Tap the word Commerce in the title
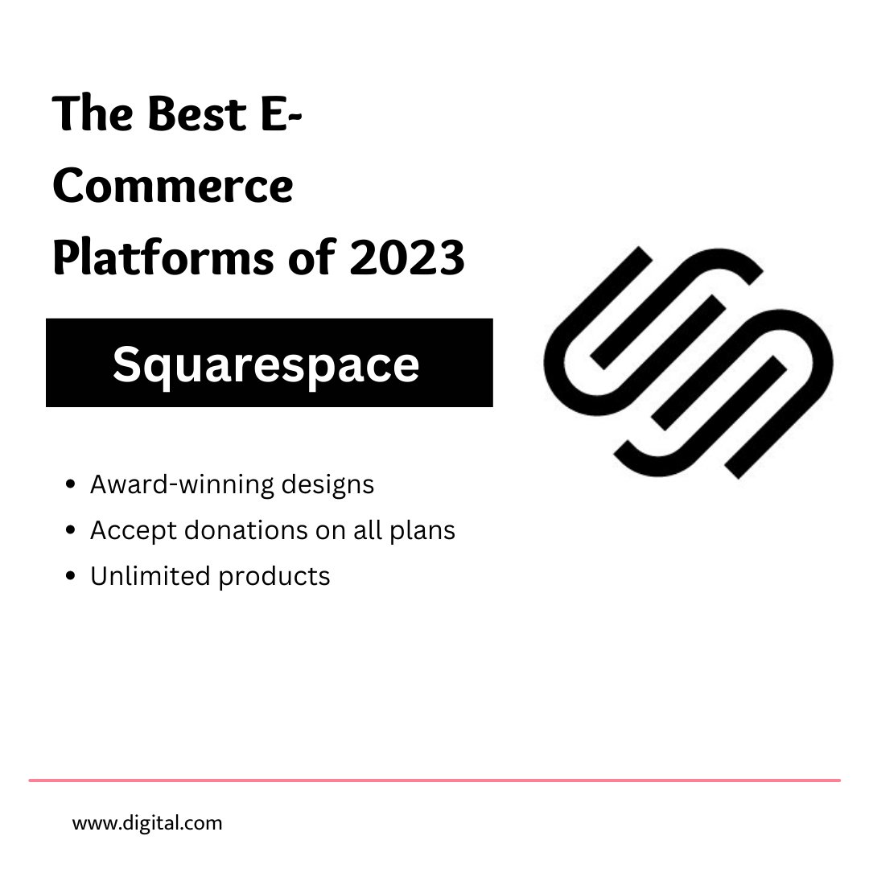pyautogui.click(x=173, y=187)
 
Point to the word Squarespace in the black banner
pyautogui.click(x=266, y=364)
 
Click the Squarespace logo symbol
pyautogui.click(x=689, y=362)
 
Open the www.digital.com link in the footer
pyautogui.click(x=147, y=823)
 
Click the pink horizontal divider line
pyautogui.click(x=434, y=780)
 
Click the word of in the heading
pyautogui.click(x=325, y=259)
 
